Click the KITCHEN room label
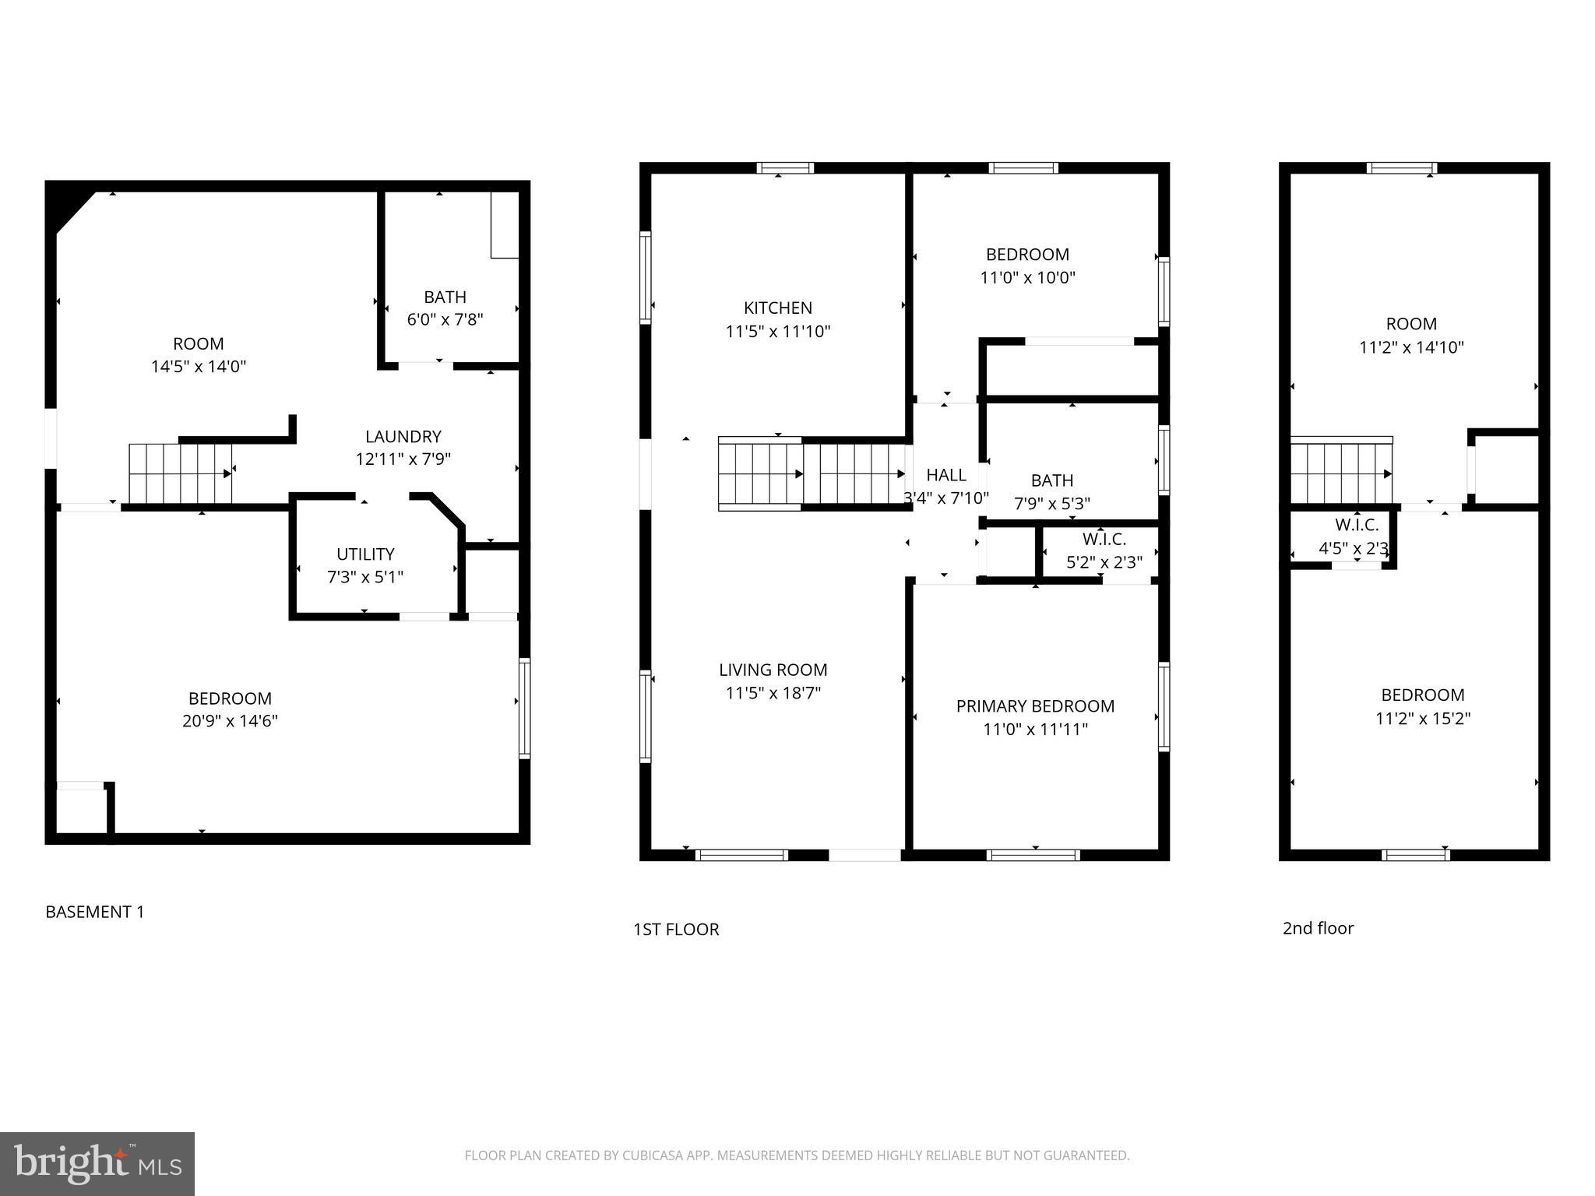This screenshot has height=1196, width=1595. pos(777,308)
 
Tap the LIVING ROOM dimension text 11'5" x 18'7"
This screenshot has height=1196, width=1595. pos(773,693)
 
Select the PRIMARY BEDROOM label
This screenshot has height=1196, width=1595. pos(1035,706)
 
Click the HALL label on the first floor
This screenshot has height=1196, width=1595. pos(945,475)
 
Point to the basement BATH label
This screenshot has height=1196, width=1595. pos(445,297)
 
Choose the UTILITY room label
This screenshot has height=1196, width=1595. pos(365,554)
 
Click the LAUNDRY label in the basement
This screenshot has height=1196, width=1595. pos(403,437)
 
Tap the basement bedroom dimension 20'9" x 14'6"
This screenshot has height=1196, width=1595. pos(230,721)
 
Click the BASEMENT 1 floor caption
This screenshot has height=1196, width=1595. pos(95,912)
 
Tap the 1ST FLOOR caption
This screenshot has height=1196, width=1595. pos(676,929)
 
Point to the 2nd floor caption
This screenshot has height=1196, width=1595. pos(1318,928)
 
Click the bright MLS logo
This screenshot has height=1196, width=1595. pos(97,1163)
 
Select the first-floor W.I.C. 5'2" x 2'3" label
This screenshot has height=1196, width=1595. pos(1104,551)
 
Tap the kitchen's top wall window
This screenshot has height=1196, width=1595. pos(785,167)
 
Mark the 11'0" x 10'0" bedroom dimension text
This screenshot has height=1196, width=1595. pos(1027,278)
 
